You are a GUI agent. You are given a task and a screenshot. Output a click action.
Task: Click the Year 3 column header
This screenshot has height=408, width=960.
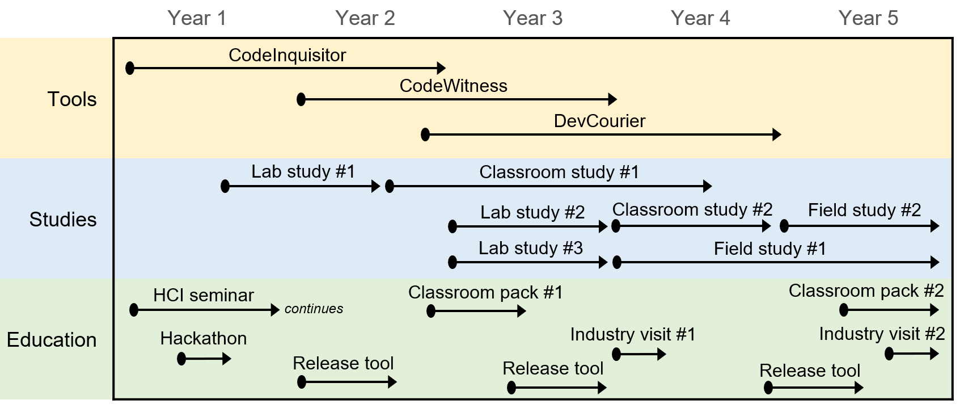tap(532, 18)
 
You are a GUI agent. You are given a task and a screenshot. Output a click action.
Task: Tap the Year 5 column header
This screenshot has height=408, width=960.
tap(868, 18)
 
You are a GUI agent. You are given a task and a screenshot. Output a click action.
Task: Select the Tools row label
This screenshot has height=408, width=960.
tap(72, 99)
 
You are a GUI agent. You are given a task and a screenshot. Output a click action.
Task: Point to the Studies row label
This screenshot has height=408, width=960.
tap(63, 219)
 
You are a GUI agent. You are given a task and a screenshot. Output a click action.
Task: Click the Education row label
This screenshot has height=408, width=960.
tap(52, 340)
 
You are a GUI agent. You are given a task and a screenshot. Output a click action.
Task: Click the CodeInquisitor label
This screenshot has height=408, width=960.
tap(287, 55)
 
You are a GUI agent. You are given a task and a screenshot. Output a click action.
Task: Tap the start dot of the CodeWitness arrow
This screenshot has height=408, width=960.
tap(301, 99)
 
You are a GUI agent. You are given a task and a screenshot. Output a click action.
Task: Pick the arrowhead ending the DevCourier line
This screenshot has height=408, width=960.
tap(777, 134)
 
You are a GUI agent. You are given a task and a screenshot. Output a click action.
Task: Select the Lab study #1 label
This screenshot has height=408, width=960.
tap(303, 171)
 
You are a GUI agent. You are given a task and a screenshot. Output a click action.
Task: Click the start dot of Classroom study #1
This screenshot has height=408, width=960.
tap(389, 186)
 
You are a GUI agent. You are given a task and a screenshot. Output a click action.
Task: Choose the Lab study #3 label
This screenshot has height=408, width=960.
tap(531, 248)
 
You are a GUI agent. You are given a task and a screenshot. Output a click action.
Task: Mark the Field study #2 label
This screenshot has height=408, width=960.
tap(864, 210)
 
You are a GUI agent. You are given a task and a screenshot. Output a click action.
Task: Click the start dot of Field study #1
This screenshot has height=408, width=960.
tap(617, 262)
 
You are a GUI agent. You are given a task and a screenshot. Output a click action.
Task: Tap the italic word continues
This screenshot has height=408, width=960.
tap(314, 309)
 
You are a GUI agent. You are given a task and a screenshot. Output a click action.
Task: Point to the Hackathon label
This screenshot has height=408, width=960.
tap(204, 339)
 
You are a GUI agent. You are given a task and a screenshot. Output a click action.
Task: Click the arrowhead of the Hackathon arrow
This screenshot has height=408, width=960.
tap(227, 359)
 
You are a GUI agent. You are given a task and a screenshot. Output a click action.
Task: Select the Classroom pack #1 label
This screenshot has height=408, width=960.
tap(485, 293)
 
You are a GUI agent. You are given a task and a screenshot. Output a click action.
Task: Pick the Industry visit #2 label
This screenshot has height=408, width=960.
tap(882, 334)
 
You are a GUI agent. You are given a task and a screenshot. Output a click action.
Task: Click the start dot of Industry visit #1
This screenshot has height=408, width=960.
tap(616, 354)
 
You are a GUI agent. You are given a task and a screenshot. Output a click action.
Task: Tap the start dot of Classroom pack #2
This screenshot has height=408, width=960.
tap(844, 310)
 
